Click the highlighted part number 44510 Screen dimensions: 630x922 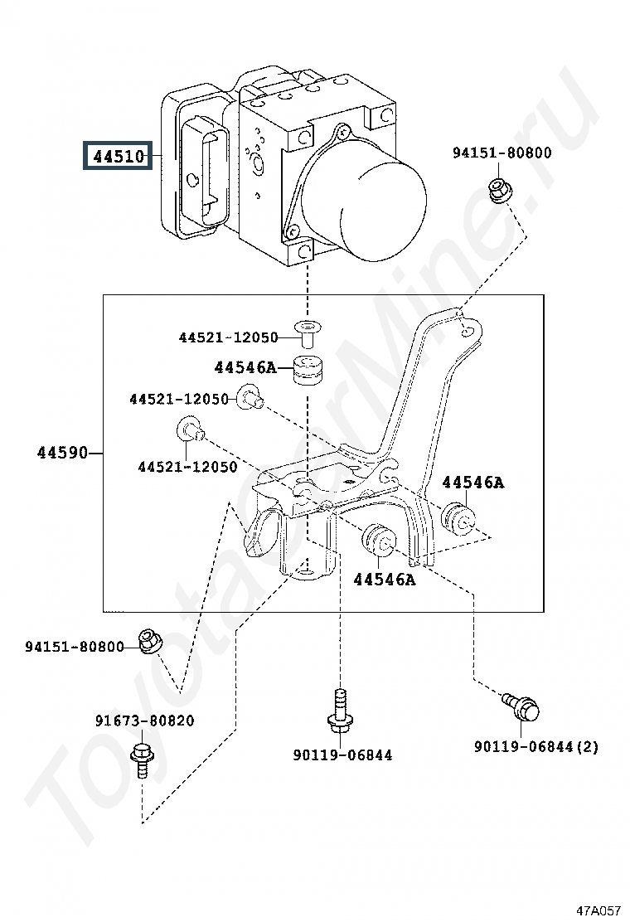pyautogui.click(x=118, y=157)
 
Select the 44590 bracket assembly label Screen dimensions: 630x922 pyautogui.click(x=61, y=453)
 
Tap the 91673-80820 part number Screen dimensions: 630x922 pyautogui.click(x=144, y=721)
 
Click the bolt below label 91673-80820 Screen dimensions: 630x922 pyautogui.click(x=142, y=760)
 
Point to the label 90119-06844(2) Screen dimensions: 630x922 pyautogui.click(x=536, y=747)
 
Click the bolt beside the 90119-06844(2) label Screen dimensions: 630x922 pyautogui.click(x=521, y=706)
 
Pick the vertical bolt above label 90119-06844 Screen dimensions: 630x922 pyautogui.click(x=340, y=711)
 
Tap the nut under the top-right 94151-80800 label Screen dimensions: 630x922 pyautogui.click(x=500, y=191)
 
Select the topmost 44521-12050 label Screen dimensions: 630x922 pyautogui.click(x=228, y=337)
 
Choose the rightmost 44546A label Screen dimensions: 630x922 pyautogui.click(x=472, y=483)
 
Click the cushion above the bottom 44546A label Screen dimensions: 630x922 pyautogui.click(x=379, y=541)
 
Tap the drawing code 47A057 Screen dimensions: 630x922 pyautogui.click(x=598, y=911)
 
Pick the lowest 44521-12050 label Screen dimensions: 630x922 pyautogui.click(x=187, y=467)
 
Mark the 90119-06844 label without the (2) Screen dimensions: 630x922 pyautogui.click(x=342, y=755)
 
